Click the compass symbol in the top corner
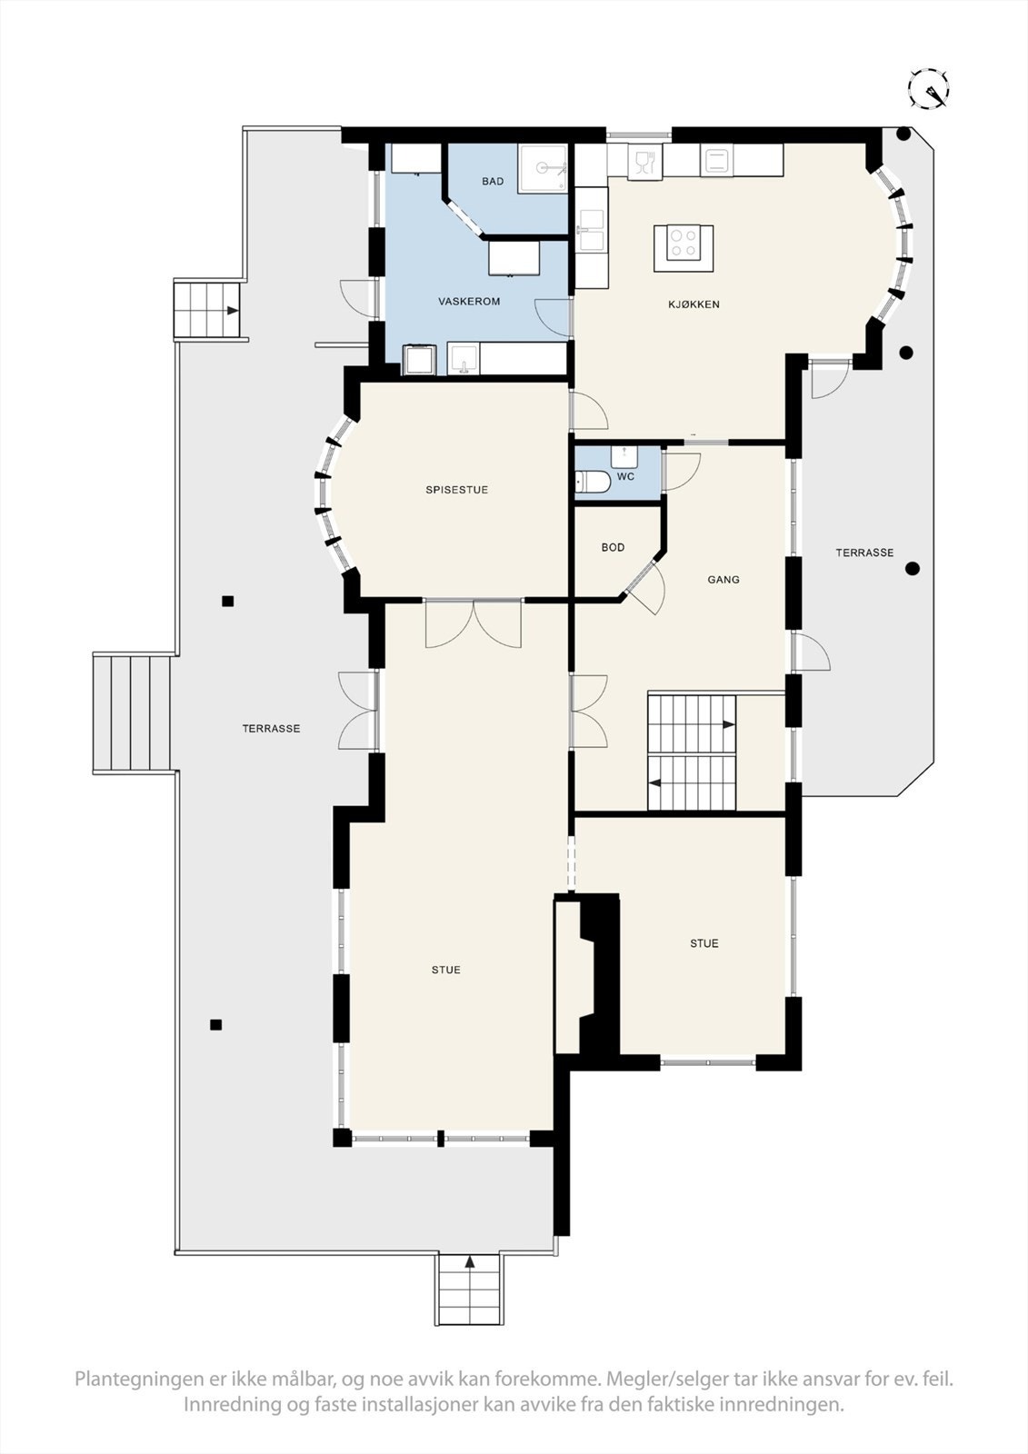tap(929, 89)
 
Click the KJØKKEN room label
tap(694, 304)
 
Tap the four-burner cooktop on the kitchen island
tap(684, 244)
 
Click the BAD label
tap(493, 182)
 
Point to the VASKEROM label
tap(469, 302)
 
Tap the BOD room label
tap(614, 548)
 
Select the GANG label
tap(724, 579)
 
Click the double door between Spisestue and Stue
tap(474, 623)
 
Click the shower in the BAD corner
tap(543, 168)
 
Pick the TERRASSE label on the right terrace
tap(864, 553)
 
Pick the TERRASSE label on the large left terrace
tap(271, 729)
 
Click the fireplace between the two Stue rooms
tap(588, 976)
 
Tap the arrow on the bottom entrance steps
tap(470, 1262)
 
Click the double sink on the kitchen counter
tap(592, 229)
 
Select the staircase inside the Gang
tap(692, 752)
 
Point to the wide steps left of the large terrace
tap(133, 712)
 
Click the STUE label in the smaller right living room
tap(704, 943)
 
